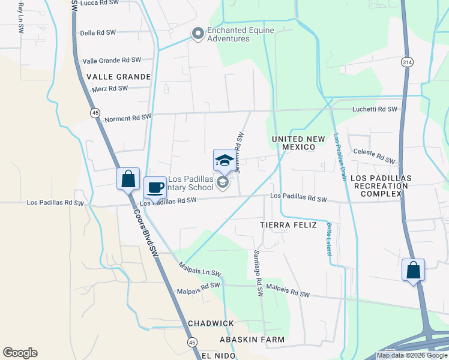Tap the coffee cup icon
point(155,187)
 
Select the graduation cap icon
point(224,160)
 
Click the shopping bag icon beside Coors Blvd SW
point(128,179)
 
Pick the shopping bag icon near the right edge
point(413,270)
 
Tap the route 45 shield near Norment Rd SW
point(95,112)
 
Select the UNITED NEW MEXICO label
point(302,143)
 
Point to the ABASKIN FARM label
point(252,340)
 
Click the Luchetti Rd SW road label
point(375,109)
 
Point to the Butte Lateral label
point(329,239)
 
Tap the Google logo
point(20,353)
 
